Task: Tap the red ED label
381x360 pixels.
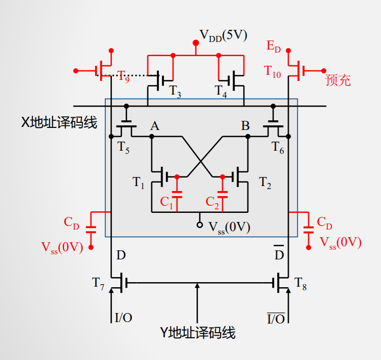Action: tap(273, 47)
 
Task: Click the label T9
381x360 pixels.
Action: tap(123, 76)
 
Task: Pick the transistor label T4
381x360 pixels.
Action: tap(221, 91)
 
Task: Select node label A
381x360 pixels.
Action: tap(154, 126)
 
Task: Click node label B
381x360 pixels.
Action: tap(245, 126)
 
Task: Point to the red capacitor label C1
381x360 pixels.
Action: tap(166, 202)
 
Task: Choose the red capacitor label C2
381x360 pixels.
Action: tap(212, 202)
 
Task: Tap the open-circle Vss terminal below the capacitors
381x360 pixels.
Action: tap(200, 224)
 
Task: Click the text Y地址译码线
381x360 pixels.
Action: tap(198, 332)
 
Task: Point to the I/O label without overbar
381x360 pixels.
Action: tap(123, 318)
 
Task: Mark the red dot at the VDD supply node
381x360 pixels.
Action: tap(195, 43)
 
